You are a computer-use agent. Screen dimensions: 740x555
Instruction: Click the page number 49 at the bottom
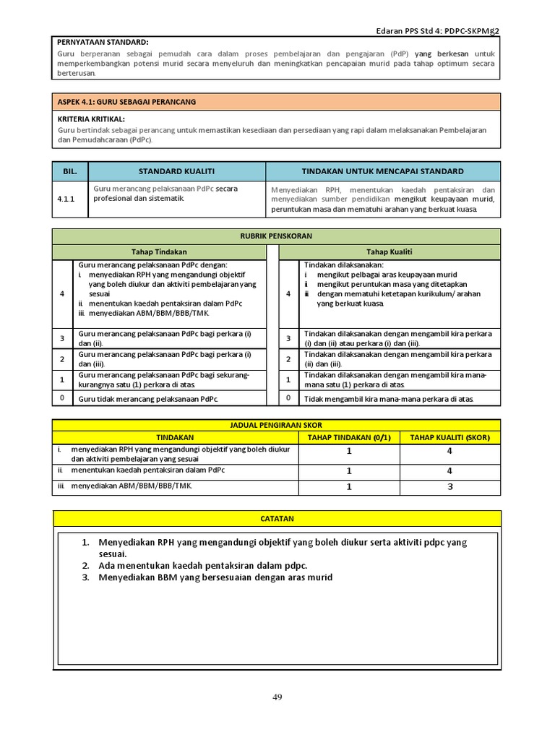coord(277,697)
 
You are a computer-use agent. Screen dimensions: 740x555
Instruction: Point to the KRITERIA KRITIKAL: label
coord(91,119)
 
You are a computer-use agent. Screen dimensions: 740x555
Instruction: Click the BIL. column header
coord(69,171)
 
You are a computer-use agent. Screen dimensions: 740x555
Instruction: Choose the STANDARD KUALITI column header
coord(176,171)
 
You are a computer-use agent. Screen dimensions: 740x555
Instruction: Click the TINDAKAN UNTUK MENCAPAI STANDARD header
coord(382,171)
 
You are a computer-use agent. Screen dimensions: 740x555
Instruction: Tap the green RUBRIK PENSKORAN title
coord(277,236)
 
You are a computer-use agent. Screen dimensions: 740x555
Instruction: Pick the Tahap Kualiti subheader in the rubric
coord(387,251)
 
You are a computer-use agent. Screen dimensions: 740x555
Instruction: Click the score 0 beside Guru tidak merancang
coord(62,398)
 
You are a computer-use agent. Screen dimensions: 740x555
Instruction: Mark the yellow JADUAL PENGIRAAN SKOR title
coord(277,426)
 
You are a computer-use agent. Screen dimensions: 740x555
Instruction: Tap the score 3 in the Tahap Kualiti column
coord(449,487)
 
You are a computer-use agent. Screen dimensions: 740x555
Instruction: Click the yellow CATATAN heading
coord(277,519)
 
